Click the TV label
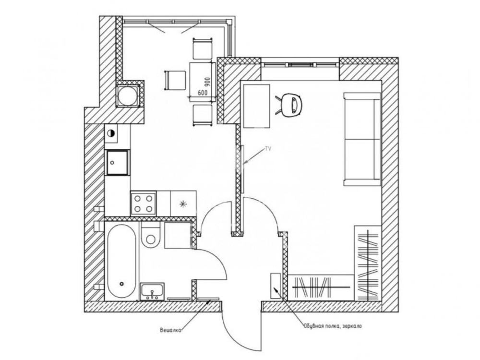[x=268, y=149]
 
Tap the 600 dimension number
[x=203, y=92]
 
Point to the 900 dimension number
[x=207, y=82]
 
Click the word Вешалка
[x=170, y=330]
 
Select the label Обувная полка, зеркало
[x=333, y=326]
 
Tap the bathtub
[x=121, y=261]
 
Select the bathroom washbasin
[x=152, y=291]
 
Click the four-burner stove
[x=143, y=204]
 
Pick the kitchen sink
[x=117, y=163]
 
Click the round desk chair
[x=290, y=105]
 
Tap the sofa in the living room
[x=362, y=139]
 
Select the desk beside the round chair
[x=256, y=106]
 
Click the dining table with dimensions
[x=203, y=82]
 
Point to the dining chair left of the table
[x=175, y=81]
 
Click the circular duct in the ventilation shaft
[x=127, y=96]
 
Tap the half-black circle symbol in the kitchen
[x=111, y=133]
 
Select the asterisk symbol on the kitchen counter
[x=183, y=204]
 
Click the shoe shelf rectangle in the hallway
[x=275, y=286]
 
